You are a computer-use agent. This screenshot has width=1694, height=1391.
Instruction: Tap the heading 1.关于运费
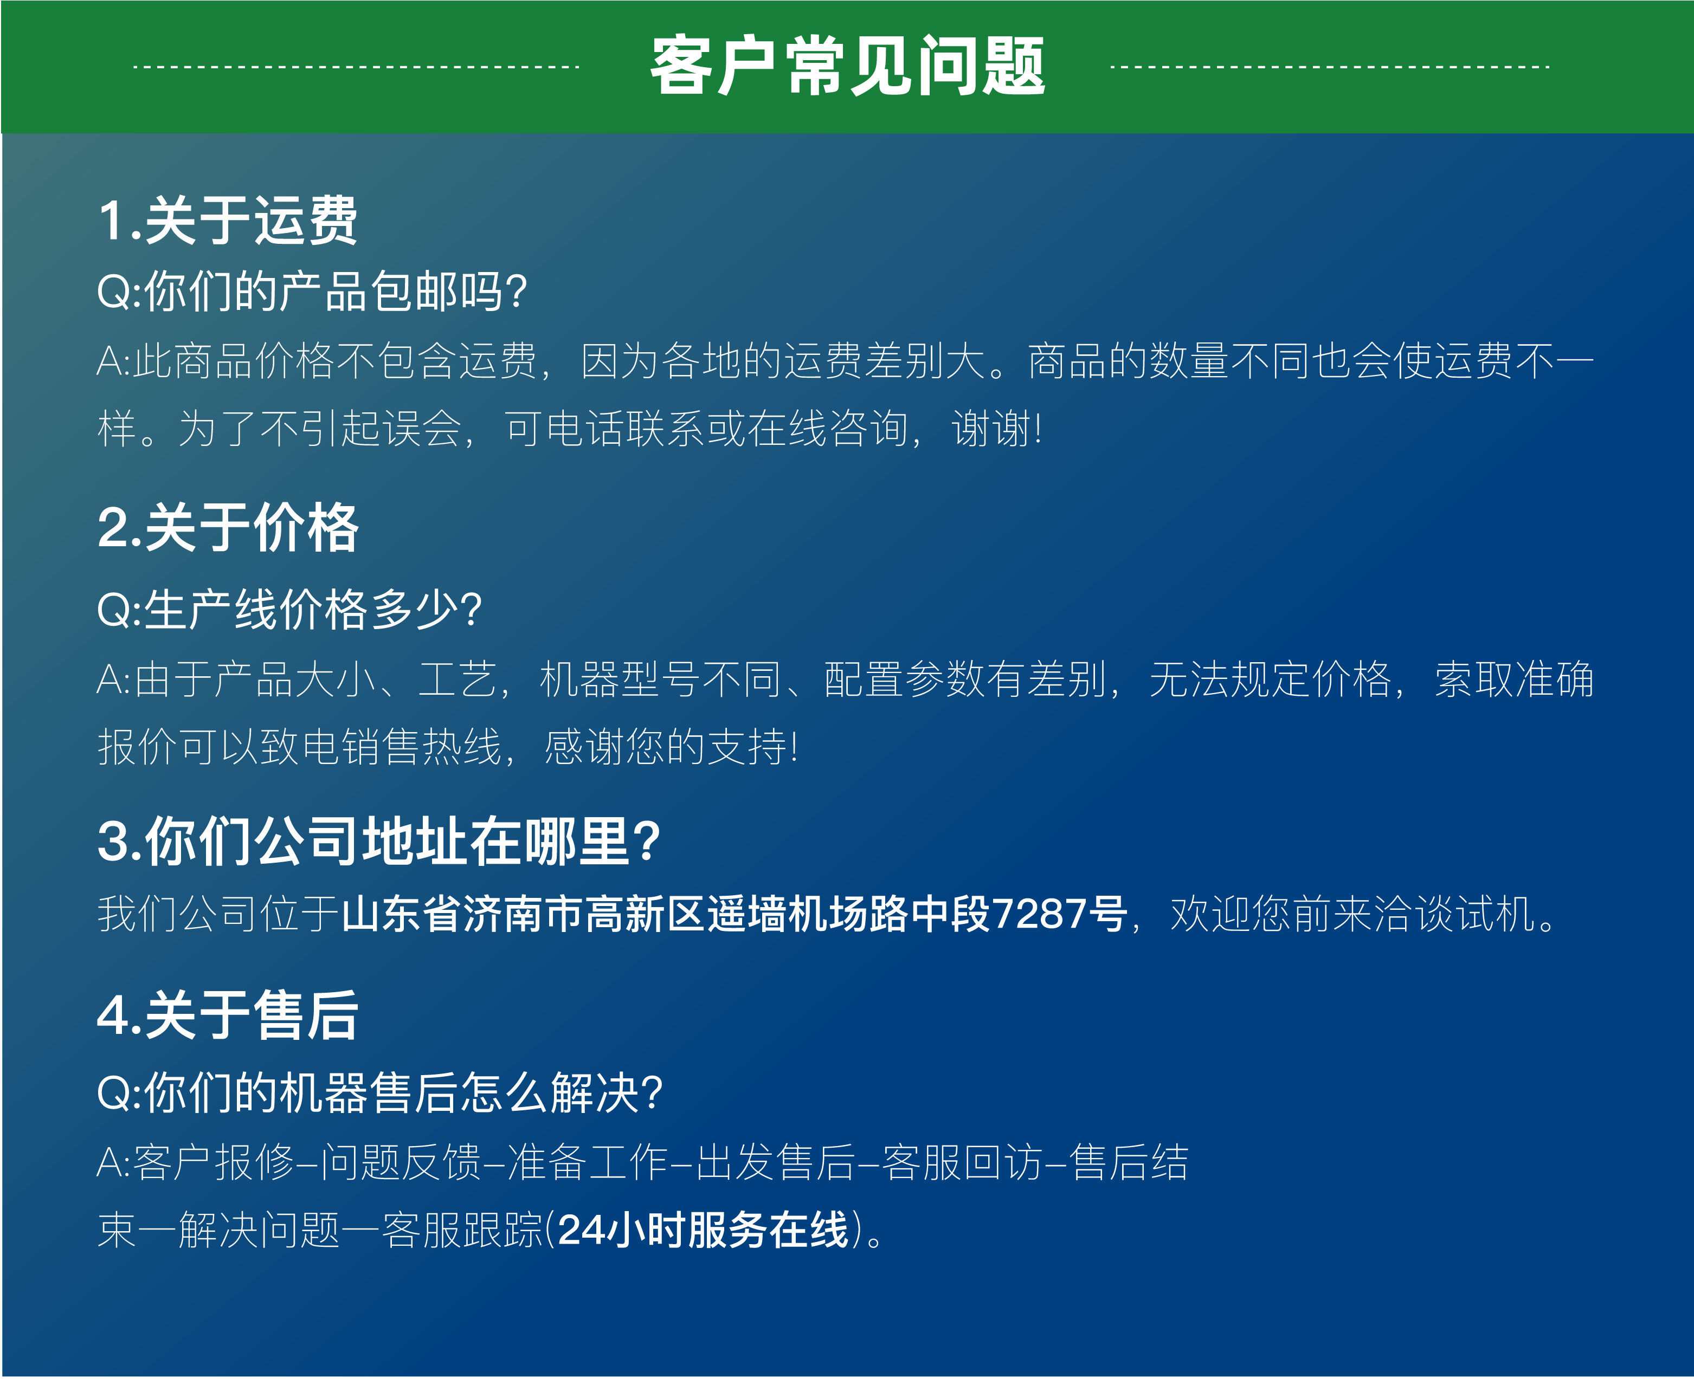point(228,221)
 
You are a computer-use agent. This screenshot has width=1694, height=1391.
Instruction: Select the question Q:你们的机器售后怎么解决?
point(380,1092)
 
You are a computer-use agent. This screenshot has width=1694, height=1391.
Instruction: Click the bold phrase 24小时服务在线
point(703,1230)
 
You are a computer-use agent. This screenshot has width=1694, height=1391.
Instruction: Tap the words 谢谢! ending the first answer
point(996,429)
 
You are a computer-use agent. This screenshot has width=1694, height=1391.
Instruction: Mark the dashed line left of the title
point(356,67)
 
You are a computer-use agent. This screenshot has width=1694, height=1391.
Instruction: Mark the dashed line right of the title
point(1329,67)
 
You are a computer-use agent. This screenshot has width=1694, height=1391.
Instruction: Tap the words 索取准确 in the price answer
point(1513,680)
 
